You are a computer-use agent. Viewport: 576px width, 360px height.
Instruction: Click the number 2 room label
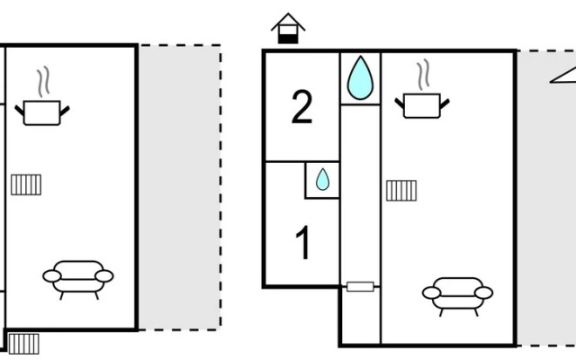click(301, 107)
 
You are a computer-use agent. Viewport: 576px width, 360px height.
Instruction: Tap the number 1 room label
click(303, 242)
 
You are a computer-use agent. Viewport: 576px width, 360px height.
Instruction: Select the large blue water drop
click(360, 78)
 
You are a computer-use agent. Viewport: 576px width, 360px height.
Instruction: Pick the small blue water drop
click(322, 179)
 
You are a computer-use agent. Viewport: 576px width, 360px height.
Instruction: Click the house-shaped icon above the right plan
click(288, 28)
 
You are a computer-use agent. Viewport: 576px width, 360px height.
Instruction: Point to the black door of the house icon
click(288, 39)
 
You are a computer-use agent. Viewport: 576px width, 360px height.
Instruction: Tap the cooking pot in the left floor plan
click(42, 112)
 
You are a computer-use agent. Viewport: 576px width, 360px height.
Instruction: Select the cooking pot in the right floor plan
click(422, 106)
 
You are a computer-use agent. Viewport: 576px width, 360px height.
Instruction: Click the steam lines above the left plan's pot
click(43, 82)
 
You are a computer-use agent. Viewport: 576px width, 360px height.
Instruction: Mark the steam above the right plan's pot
click(423, 75)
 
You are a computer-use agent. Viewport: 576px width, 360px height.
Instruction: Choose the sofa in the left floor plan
click(78, 280)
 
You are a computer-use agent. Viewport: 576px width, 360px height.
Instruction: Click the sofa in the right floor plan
click(458, 297)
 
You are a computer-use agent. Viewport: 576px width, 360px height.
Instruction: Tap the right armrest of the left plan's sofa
click(104, 276)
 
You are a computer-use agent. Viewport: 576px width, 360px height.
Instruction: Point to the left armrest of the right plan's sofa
click(432, 292)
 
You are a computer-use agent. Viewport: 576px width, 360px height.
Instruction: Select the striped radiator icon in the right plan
click(401, 191)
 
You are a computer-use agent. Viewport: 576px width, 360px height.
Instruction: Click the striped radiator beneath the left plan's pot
click(26, 184)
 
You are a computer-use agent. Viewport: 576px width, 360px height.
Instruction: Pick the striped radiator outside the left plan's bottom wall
click(23, 344)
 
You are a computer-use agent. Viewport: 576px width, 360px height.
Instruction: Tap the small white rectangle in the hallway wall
click(360, 286)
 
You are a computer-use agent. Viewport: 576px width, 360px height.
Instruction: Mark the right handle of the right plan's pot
click(445, 104)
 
